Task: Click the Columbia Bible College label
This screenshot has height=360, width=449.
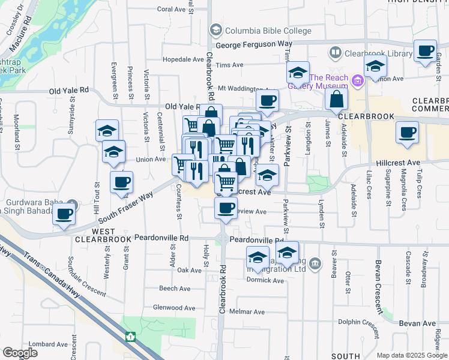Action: [268, 31]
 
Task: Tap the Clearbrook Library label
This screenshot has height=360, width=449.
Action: [378, 53]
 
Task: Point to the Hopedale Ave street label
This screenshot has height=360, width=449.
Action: [184, 59]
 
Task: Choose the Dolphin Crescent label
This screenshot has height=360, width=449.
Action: [358, 325]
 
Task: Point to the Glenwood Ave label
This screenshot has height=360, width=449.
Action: [176, 307]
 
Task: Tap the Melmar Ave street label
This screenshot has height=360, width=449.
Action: [247, 312]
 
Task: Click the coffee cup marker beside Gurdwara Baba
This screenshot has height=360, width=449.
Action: [64, 213]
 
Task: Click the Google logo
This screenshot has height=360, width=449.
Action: [20, 353]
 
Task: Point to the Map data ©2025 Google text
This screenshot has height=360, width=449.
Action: [411, 355]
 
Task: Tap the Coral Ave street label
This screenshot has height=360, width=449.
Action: [172, 10]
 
